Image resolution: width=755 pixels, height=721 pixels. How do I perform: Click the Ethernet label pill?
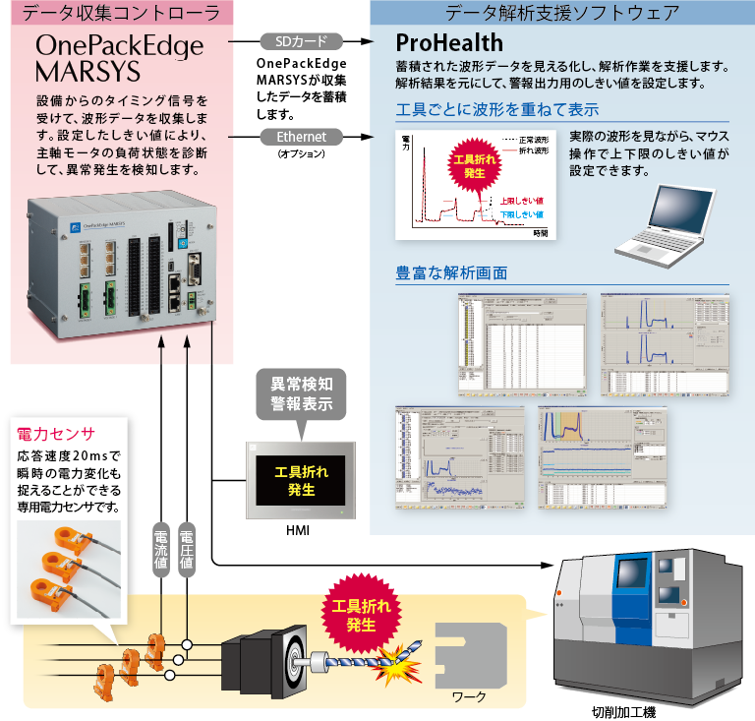(x=301, y=137)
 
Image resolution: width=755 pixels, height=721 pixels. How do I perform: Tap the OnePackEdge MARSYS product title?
(x=118, y=59)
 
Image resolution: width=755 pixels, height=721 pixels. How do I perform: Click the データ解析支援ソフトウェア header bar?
(x=561, y=13)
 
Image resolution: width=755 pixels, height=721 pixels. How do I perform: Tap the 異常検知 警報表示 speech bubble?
(x=302, y=393)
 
